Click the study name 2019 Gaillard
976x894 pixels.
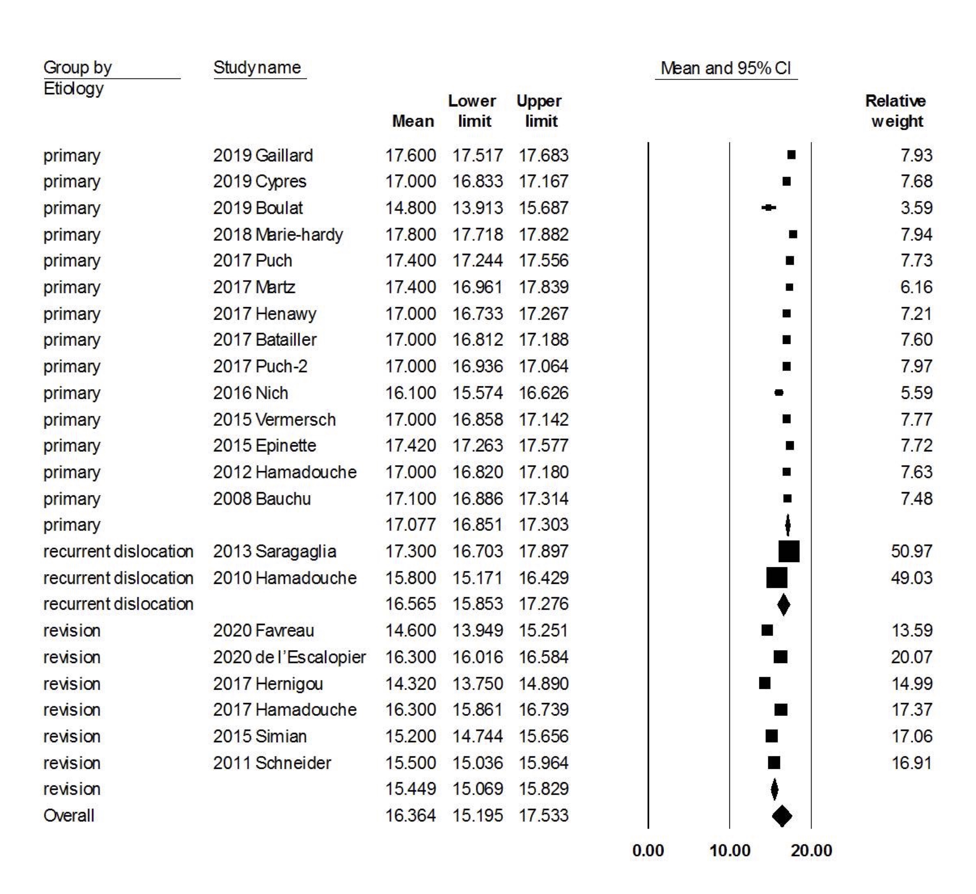263,155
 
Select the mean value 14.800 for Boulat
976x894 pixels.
411,208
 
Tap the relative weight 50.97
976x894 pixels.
912,551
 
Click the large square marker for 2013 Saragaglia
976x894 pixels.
789,551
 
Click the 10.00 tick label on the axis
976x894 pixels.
729,850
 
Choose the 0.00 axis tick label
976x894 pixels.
648,850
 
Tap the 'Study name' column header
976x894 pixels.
257,67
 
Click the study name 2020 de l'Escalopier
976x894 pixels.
289,657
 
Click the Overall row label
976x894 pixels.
69,816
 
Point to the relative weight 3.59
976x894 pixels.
916,208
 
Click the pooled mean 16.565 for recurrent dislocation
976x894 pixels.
411,604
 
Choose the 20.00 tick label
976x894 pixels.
811,850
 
